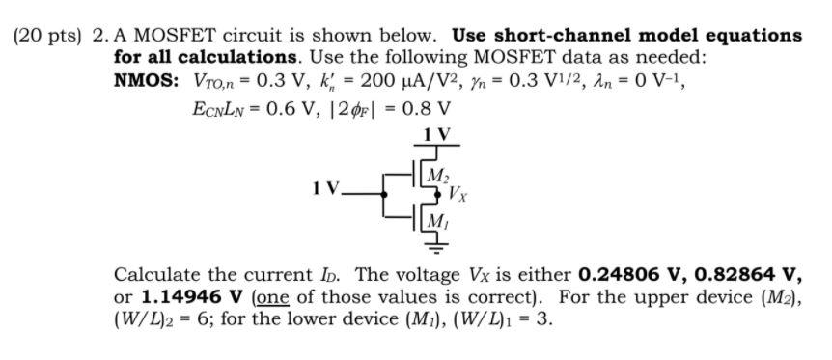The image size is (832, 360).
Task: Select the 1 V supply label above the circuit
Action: [x=436, y=133]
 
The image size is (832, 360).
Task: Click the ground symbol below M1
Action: [x=435, y=250]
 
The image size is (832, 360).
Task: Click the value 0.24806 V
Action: [x=626, y=273]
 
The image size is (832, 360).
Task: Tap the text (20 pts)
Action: [x=48, y=36]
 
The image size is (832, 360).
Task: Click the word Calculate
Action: [x=154, y=273]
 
